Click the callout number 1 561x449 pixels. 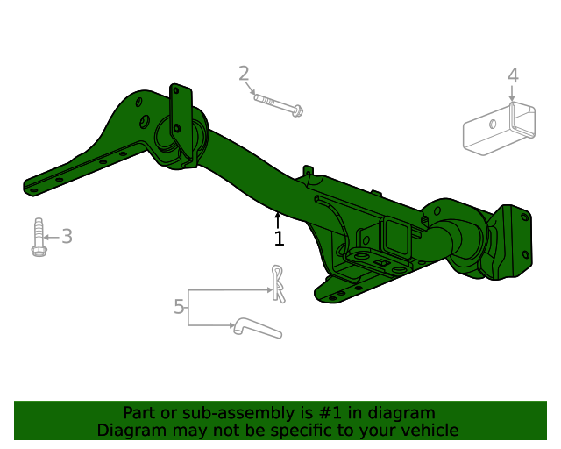[x=279, y=239]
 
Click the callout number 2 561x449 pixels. [x=244, y=74]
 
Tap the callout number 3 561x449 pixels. [x=67, y=236]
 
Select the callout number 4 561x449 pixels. [x=513, y=76]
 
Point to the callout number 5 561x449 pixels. [x=179, y=307]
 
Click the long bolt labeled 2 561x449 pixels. [x=279, y=105]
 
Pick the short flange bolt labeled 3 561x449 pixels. [x=38, y=237]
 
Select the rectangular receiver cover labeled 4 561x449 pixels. [x=499, y=129]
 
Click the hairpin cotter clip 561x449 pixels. [x=279, y=284]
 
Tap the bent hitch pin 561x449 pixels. [x=258, y=328]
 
